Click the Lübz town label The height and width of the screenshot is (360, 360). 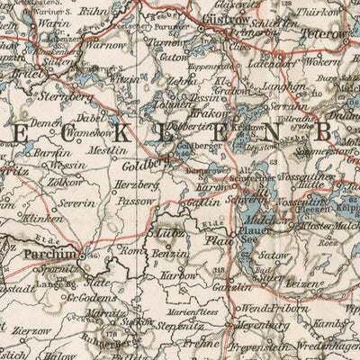[x=172, y=231]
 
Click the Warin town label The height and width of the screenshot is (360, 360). [x=45, y=24]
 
